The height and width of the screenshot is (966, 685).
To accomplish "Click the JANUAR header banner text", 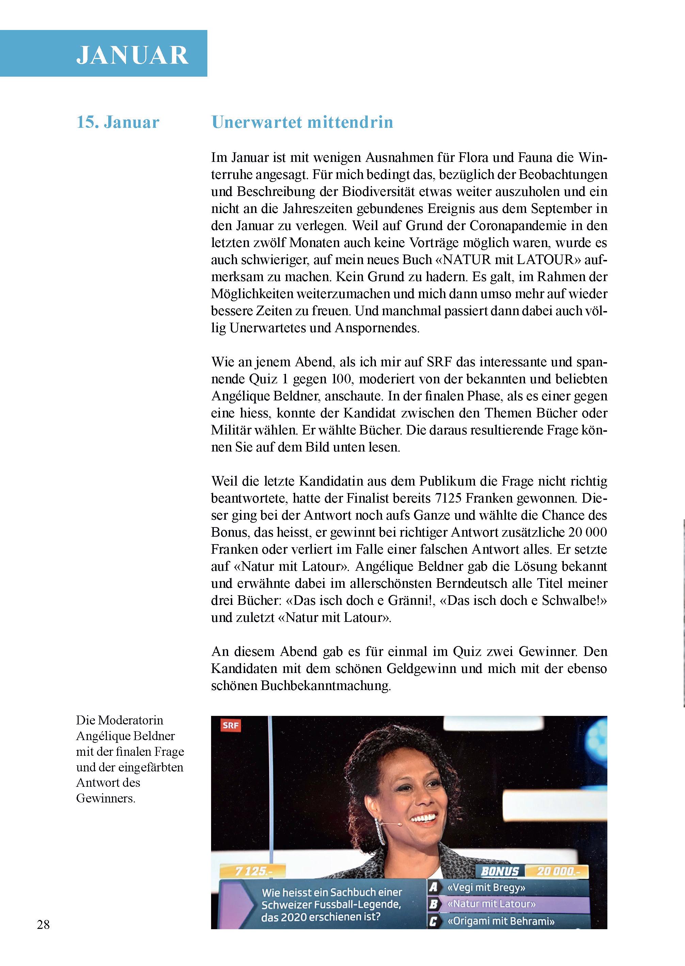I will click(132, 55).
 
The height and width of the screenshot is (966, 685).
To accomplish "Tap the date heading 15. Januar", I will click(118, 122).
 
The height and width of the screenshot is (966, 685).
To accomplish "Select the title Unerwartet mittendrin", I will click(302, 122).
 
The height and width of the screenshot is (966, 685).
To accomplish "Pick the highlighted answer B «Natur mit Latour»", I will click(491, 904).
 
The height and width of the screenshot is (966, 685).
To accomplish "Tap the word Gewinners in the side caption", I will click(106, 798).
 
